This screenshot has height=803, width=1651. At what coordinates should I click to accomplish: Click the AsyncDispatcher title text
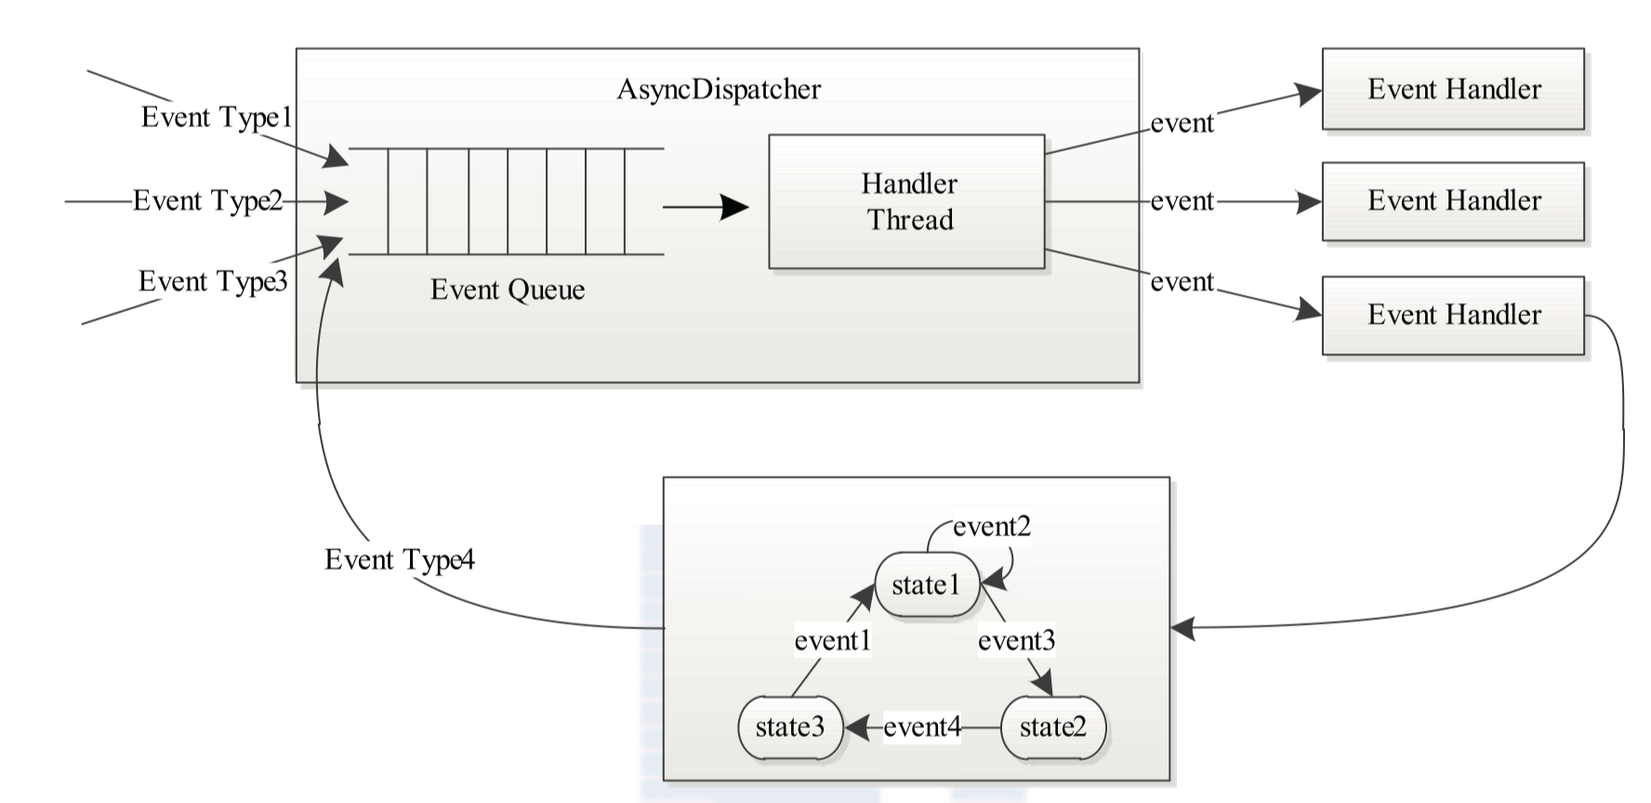[719, 90]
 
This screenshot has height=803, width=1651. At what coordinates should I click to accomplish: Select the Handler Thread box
[906, 202]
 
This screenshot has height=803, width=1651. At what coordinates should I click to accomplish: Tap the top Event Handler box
[1452, 89]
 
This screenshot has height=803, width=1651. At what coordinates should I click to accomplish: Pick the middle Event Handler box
[1452, 202]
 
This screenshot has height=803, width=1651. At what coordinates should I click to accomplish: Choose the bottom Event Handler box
[1452, 315]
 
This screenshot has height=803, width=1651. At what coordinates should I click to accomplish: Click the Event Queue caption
[508, 290]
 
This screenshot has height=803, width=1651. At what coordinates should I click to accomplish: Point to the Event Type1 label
[217, 118]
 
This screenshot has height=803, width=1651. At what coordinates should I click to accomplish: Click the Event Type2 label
[207, 201]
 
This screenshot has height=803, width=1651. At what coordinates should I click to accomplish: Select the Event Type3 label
[213, 282]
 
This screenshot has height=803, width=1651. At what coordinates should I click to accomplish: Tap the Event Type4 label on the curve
[400, 559]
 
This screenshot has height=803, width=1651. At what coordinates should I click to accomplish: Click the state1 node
[927, 586]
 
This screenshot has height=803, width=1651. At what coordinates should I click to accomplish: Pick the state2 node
[1052, 727]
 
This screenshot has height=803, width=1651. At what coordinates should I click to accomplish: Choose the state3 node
[790, 727]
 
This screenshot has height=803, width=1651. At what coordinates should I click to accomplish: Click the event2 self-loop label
[992, 527]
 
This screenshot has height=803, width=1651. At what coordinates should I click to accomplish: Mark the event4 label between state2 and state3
[921, 727]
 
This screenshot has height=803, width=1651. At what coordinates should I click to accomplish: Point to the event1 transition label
[832, 640]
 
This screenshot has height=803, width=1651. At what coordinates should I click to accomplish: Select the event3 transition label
[1016, 640]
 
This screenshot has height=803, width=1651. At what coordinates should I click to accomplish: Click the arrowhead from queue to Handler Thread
[735, 206]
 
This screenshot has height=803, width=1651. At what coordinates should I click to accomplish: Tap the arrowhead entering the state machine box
[1182, 628]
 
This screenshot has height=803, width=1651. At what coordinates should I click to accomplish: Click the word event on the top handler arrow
[1182, 124]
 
